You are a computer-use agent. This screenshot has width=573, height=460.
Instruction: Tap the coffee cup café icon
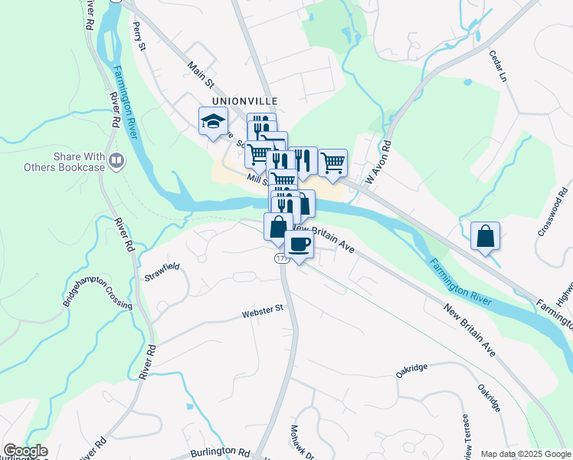(x=299, y=245)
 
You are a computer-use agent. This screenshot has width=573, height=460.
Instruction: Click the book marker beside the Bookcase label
(x=116, y=160)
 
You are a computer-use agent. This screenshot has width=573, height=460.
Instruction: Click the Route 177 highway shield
(x=281, y=261)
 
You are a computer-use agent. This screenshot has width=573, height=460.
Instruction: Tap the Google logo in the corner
(x=25, y=451)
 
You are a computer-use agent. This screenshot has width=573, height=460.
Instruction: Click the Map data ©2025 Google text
(x=525, y=454)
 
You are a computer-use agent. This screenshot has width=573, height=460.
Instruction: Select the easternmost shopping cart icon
(x=332, y=163)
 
